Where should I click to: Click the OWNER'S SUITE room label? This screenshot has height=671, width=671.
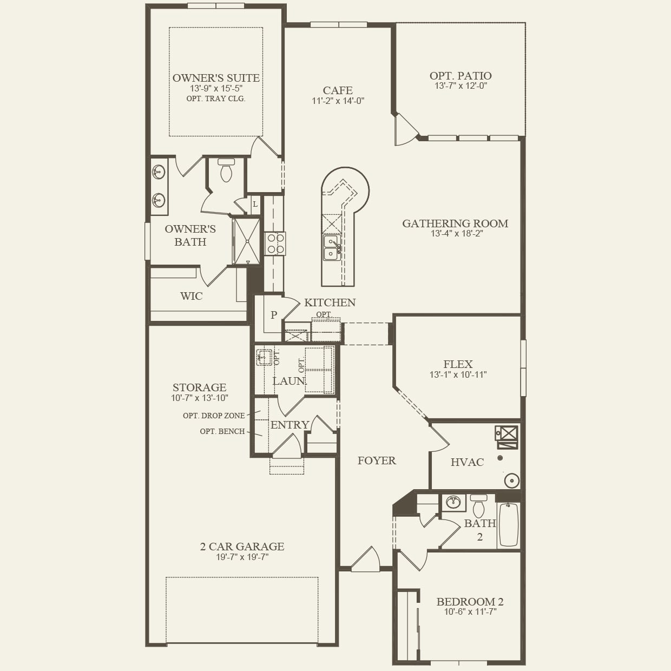(x=216, y=78)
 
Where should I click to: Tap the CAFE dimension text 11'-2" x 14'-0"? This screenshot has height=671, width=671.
(x=338, y=101)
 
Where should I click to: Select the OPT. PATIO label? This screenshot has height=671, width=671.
(x=461, y=76)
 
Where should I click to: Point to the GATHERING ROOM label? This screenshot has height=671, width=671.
(x=455, y=223)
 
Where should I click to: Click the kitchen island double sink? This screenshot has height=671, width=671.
(x=331, y=247)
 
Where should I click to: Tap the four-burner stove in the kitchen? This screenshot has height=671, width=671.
(x=275, y=244)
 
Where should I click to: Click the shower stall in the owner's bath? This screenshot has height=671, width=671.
(x=247, y=241)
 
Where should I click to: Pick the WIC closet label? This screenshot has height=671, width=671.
(x=191, y=296)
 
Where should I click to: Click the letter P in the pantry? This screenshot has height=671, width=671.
(x=274, y=315)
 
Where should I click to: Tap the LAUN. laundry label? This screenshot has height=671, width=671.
(x=289, y=381)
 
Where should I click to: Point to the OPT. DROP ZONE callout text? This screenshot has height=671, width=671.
(x=214, y=416)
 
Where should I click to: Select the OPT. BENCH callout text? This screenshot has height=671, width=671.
(x=222, y=431)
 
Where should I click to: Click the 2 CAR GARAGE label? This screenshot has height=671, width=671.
(x=242, y=547)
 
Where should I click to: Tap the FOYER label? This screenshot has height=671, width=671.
(x=377, y=461)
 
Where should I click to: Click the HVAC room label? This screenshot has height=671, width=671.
(x=467, y=462)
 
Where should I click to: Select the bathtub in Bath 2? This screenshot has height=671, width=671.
(x=508, y=524)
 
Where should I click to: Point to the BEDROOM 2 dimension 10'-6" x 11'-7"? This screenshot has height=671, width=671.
(x=470, y=612)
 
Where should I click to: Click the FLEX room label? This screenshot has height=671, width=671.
(x=458, y=364)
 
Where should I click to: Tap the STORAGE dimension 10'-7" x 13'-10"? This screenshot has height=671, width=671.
(x=199, y=398)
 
